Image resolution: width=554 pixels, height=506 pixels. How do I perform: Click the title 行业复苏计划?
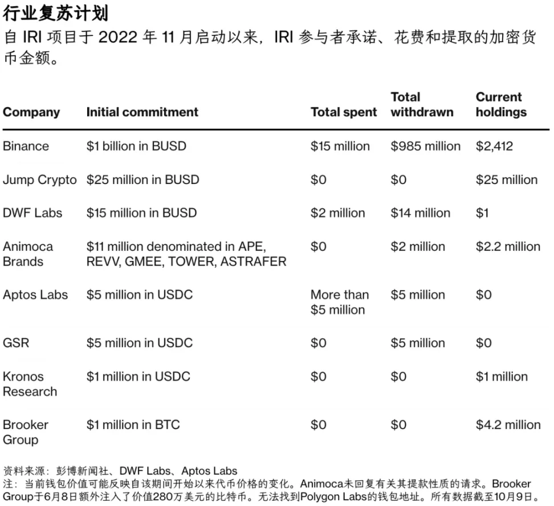(55, 13)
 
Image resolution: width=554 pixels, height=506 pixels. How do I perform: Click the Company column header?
(31, 112)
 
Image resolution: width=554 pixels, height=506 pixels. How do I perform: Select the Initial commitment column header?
(142, 112)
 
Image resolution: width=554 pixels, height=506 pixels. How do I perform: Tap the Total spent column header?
(344, 112)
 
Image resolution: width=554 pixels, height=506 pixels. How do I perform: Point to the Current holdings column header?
(501, 105)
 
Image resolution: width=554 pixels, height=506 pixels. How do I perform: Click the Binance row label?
(26, 146)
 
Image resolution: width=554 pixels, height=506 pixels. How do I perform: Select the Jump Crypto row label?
(39, 180)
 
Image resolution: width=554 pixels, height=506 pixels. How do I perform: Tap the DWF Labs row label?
(32, 213)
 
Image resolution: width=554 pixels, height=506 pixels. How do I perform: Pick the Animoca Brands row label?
(28, 254)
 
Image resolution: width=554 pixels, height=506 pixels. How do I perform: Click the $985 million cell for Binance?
(425, 146)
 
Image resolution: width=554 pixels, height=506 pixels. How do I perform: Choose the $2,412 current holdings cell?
(494, 146)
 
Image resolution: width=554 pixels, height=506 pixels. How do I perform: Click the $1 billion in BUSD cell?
(136, 146)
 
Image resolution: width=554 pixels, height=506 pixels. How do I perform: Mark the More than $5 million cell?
(340, 302)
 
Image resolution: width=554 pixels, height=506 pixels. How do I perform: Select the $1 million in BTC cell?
(133, 425)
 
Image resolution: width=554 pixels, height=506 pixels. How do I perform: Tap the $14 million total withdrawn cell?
(420, 213)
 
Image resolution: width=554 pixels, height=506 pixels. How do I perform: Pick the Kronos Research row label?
(30, 384)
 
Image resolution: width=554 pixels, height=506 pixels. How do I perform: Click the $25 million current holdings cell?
(507, 180)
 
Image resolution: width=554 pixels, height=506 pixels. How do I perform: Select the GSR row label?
(16, 343)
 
